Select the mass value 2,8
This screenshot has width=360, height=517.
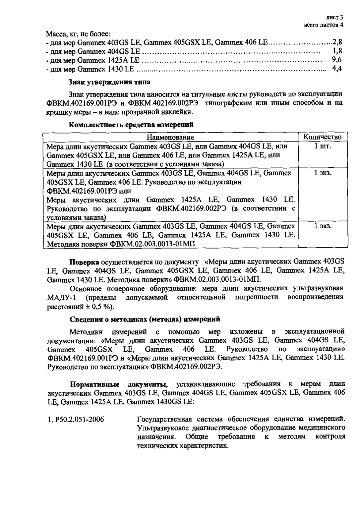click(337, 42)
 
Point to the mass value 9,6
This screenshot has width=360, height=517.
click(337, 60)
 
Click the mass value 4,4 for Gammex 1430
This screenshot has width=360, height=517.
click(337, 69)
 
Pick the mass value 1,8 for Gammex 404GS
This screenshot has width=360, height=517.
click(337, 51)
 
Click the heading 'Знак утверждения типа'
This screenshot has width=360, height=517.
click(109, 82)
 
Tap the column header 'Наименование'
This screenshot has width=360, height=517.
click(170, 137)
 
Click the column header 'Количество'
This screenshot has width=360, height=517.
click(322, 137)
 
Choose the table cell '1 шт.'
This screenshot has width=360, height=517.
click(323, 146)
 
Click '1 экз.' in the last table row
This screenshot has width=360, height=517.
click(323, 226)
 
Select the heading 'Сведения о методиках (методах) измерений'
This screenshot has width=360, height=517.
click(145, 319)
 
